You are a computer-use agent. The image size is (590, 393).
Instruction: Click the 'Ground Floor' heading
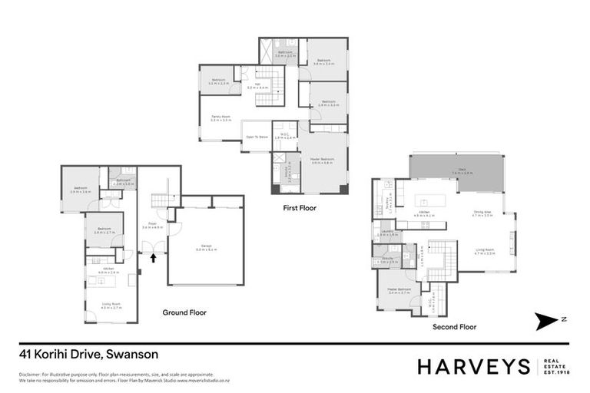[x=184, y=312]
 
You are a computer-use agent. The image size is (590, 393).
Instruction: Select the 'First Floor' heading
[x=300, y=207]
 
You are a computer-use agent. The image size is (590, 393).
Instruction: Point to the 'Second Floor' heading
[x=454, y=326]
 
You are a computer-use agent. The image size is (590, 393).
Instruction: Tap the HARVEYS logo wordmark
[x=473, y=366]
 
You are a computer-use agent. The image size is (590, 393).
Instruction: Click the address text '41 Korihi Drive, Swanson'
[x=88, y=355]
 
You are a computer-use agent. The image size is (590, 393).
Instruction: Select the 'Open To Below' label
[x=256, y=138]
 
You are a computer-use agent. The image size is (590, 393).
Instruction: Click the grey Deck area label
[x=457, y=173]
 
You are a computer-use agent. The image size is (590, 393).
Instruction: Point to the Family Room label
[x=221, y=118]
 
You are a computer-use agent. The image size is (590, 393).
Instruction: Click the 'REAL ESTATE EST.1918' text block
[x=555, y=366]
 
